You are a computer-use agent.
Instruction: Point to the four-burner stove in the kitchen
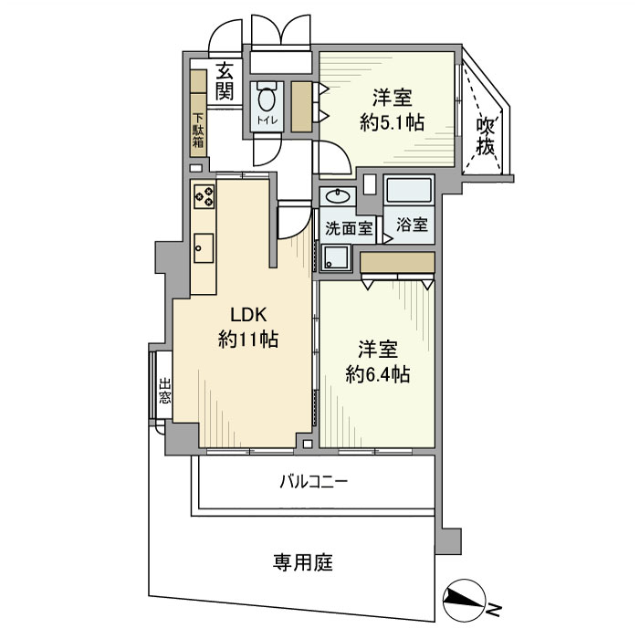click(204, 195)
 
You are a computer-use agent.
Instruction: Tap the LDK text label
click(246, 315)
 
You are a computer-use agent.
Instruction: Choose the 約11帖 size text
click(247, 340)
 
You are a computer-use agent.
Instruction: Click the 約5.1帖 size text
click(391, 123)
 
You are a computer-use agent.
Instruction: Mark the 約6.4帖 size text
click(377, 373)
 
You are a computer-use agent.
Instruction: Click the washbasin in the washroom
click(339, 196)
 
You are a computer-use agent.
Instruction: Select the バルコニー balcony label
click(313, 481)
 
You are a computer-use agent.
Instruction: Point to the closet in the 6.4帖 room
click(396, 262)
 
